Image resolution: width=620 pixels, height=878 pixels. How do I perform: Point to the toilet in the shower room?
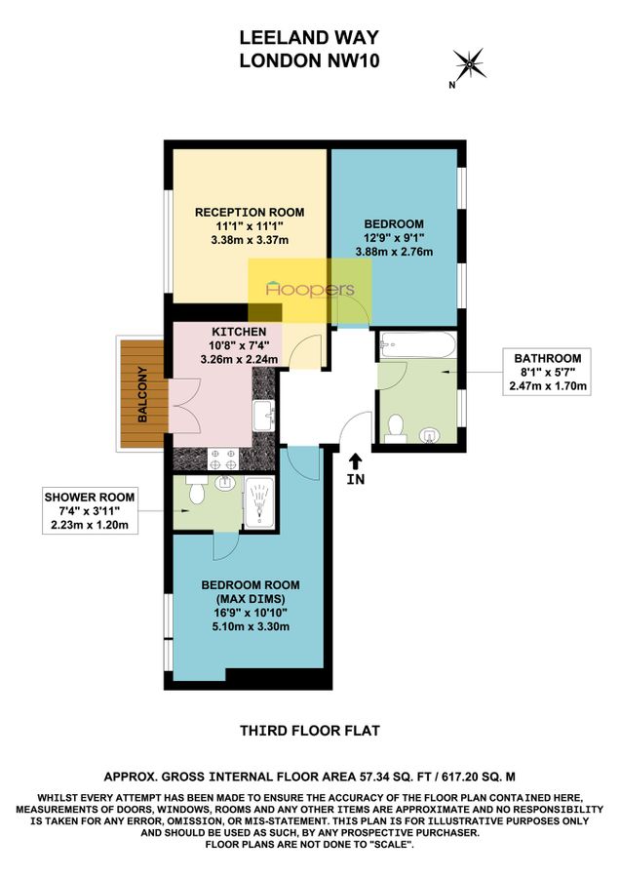[x=194, y=494]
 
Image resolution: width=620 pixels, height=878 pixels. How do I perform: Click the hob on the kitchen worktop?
[x=223, y=456]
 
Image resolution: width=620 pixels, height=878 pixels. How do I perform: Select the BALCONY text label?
[x=141, y=394]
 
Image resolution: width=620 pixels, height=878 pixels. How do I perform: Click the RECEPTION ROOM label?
[x=250, y=212]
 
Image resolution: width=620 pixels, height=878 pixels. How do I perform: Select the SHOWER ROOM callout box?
[x=89, y=512]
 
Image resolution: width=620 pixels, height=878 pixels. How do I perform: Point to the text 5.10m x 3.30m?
[x=250, y=626]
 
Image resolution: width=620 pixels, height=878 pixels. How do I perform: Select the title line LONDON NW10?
[x=310, y=60]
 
